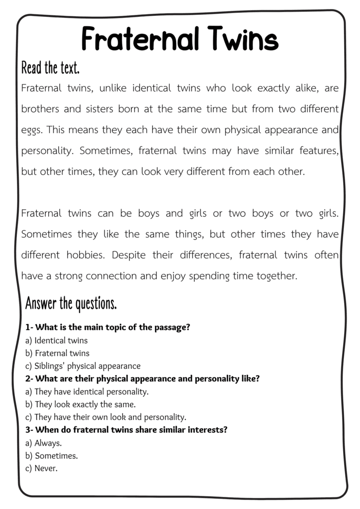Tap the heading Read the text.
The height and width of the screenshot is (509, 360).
(x=50, y=67)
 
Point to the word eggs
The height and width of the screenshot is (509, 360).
(x=33, y=130)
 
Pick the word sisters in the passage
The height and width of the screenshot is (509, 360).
(x=97, y=109)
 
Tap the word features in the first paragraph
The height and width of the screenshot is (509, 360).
(x=315, y=151)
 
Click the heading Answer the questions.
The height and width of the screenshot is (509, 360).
(x=71, y=303)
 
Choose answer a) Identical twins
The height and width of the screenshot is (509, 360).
(x=56, y=340)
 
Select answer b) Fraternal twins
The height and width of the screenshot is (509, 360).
(x=57, y=353)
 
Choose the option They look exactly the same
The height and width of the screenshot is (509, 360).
(x=80, y=405)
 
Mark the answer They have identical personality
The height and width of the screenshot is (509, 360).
(x=87, y=392)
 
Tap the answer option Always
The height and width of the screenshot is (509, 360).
(x=43, y=443)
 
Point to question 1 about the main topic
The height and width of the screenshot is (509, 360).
(x=108, y=328)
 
